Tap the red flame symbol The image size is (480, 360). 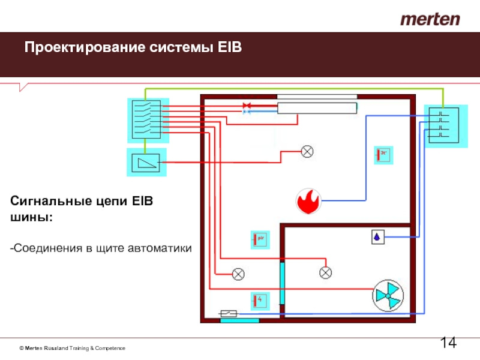[308, 201]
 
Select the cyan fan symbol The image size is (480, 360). [387, 295]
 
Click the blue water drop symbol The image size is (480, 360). [377, 237]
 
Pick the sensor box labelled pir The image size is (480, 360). [260, 239]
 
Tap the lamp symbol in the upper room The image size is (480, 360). [307, 151]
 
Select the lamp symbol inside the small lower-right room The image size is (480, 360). [325, 273]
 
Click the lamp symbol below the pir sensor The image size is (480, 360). [238, 274]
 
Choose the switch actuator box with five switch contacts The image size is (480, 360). [145, 119]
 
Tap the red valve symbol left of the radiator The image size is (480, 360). [246, 106]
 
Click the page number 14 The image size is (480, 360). [448, 343]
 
